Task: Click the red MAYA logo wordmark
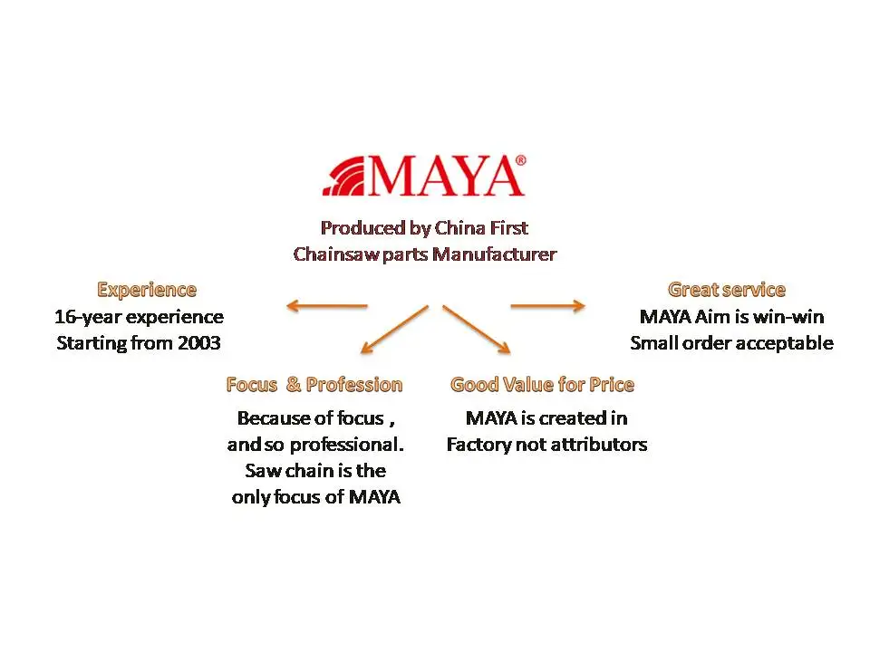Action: tap(444, 176)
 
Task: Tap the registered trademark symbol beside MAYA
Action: tap(520, 160)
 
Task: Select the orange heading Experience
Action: tap(147, 290)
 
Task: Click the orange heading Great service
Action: tap(726, 290)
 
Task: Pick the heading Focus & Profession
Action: tap(314, 384)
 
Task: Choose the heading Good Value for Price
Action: tap(542, 384)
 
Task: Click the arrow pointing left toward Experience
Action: tap(327, 305)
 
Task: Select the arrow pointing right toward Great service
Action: tap(547, 305)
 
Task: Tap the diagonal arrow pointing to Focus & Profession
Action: tap(394, 330)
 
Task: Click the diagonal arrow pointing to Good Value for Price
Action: tap(477, 330)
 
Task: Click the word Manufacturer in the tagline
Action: tap(495, 254)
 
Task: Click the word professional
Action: tap(347, 445)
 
